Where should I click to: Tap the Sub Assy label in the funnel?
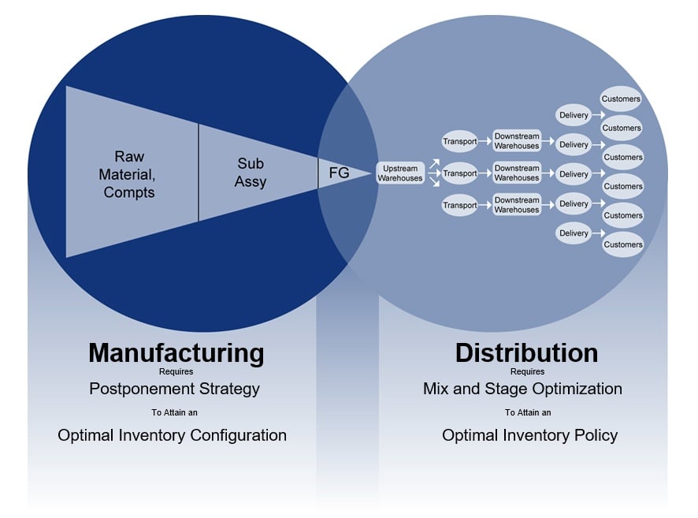pyautogui.click(x=251, y=173)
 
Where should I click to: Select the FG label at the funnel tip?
pyautogui.click(x=339, y=173)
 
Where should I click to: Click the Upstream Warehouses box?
pyautogui.click(x=399, y=173)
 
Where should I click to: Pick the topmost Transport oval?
pyautogui.click(x=459, y=142)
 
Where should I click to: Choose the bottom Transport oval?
pyautogui.click(x=459, y=205)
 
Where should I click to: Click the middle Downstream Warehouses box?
pyautogui.click(x=517, y=173)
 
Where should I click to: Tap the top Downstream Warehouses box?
pyautogui.click(x=517, y=142)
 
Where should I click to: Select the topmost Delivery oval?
pyautogui.click(x=574, y=115)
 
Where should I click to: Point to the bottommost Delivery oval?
pyautogui.click(x=574, y=233)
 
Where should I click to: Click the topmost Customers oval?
pyautogui.click(x=622, y=99)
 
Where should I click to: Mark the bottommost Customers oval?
pyautogui.click(x=622, y=244)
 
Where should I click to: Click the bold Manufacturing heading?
pyautogui.click(x=176, y=352)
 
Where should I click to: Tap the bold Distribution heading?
pyautogui.click(x=526, y=352)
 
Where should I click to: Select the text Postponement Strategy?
pyautogui.click(x=174, y=389)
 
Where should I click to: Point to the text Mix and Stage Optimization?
pyautogui.click(x=522, y=389)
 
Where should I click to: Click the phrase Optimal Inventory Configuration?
pyautogui.click(x=172, y=435)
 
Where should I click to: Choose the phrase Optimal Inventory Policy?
pyautogui.click(x=529, y=435)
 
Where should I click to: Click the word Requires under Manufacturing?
pyautogui.click(x=175, y=371)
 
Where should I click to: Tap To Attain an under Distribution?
pyautogui.click(x=528, y=412)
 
